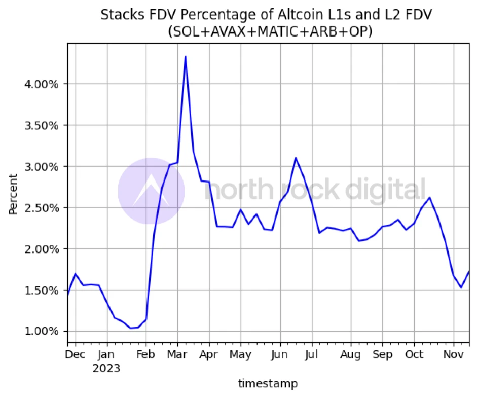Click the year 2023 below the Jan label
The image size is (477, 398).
[x=106, y=368]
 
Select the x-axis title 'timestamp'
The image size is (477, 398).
[x=268, y=384]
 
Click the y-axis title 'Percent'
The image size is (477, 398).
[x=13, y=194]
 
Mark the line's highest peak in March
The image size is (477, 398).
[x=186, y=56]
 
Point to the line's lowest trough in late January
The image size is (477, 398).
[x=131, y=328]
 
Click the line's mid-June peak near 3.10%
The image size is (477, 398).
[x=296, y=158]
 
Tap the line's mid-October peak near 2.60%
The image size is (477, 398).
[x=429, y=198]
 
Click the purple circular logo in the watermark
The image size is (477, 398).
[x=151, y=191]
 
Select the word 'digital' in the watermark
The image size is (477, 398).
[x=385, y=191]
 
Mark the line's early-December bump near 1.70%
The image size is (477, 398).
[x=75, y=274]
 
